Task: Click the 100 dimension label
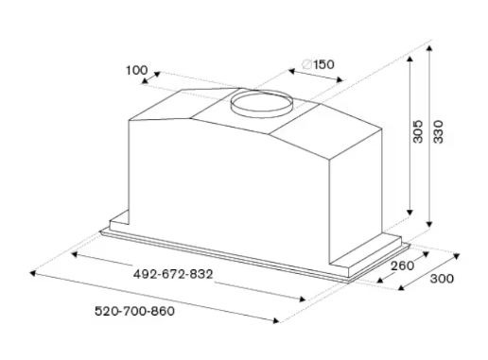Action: tap(136, 70)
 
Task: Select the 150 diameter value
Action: tap(323, 64)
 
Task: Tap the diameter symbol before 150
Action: tap(306, 64)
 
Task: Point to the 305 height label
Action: tap(418, 131)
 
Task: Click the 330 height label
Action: tap(438, 131)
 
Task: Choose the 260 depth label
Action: tap(403, 266)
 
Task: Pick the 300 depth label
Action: tap(442, 279)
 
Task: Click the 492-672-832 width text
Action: tap(173, 274)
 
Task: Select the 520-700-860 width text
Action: tap(134, 311)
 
